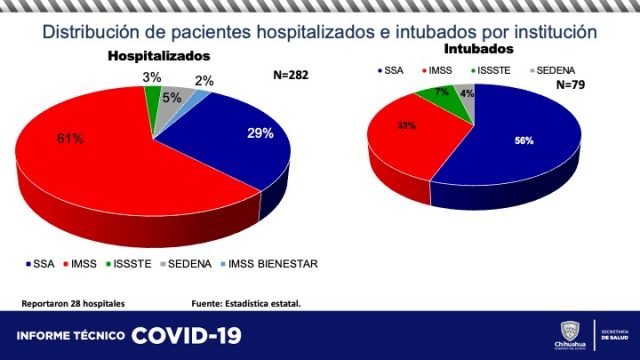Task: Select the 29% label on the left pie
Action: click(260, 134)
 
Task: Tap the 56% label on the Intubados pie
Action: click(521, 140)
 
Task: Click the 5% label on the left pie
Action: click(172, 98)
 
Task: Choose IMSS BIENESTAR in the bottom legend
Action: click(274, 264)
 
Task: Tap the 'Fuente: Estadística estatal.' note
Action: click(245, 302)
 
